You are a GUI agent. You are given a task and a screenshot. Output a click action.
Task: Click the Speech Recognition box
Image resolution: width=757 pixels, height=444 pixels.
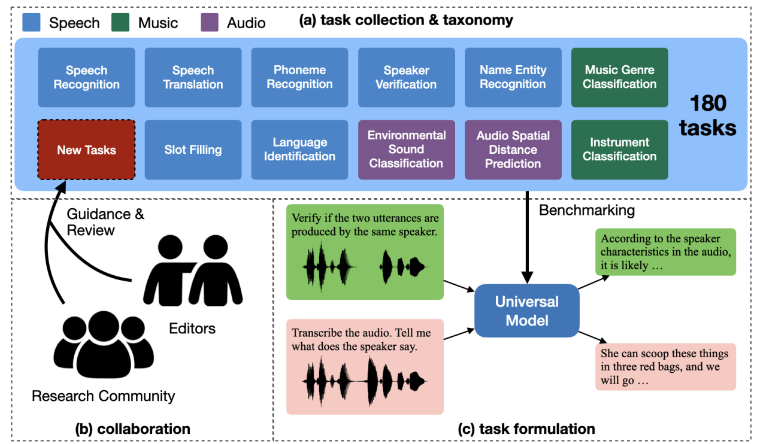pyautogui.click(x=86, y=77)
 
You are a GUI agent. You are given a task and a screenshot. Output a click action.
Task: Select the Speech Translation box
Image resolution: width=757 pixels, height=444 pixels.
pyautogui.click(x=193, y=77)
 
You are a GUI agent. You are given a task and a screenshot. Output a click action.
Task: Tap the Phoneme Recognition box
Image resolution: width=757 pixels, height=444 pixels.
pyautogui.click(x=299, y=77)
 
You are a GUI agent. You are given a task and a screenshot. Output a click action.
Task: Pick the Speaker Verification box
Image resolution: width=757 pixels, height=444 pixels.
pyautogui.click(x=406, y=77)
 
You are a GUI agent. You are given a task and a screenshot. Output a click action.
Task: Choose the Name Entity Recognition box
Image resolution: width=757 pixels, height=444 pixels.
pyautogui.click(x=513, y=77)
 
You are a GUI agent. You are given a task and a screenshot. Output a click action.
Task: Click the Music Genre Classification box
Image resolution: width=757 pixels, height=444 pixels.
pyautogui.click(x=619, y=77)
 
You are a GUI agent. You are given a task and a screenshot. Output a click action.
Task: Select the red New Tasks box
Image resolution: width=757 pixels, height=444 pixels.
pyautogui.click(x=86, y=150)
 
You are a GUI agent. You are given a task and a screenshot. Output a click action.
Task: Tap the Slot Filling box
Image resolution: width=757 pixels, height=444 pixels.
pyautogui.click(x=193, y=150)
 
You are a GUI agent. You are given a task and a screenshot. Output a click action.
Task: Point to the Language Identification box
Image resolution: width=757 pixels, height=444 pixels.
pyautogui.click(x=299, y=150)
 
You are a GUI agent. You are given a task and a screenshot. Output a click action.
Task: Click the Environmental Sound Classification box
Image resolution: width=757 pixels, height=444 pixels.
pyautogui.click(x=406, y=150)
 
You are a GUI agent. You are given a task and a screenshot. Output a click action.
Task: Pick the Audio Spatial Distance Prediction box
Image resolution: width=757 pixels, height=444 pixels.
pyautogui.click(x=513, y=150)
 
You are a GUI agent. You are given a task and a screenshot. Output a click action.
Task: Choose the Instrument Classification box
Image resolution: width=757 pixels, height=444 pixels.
pyautogui.click(x=619, y=150)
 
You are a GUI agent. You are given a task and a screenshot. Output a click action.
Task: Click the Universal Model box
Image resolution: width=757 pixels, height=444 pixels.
pyautogui.click(x=526, y=311)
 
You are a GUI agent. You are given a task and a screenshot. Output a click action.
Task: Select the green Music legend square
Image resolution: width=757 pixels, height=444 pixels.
pyautogui.click(x=120, y=22)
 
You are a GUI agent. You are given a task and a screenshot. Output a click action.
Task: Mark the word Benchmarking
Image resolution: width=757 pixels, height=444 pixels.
pyautogui.click(x=586, y=210)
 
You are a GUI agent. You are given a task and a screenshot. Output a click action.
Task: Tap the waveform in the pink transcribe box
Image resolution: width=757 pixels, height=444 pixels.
pyautogui.click(x=365, y=378)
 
